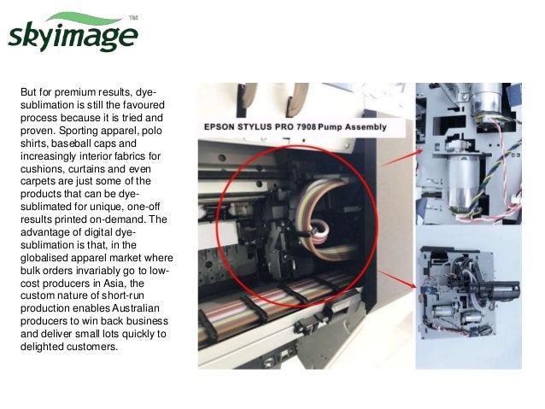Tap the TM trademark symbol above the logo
point(132,17)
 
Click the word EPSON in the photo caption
point(222,127)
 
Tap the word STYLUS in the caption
point(260,127)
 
